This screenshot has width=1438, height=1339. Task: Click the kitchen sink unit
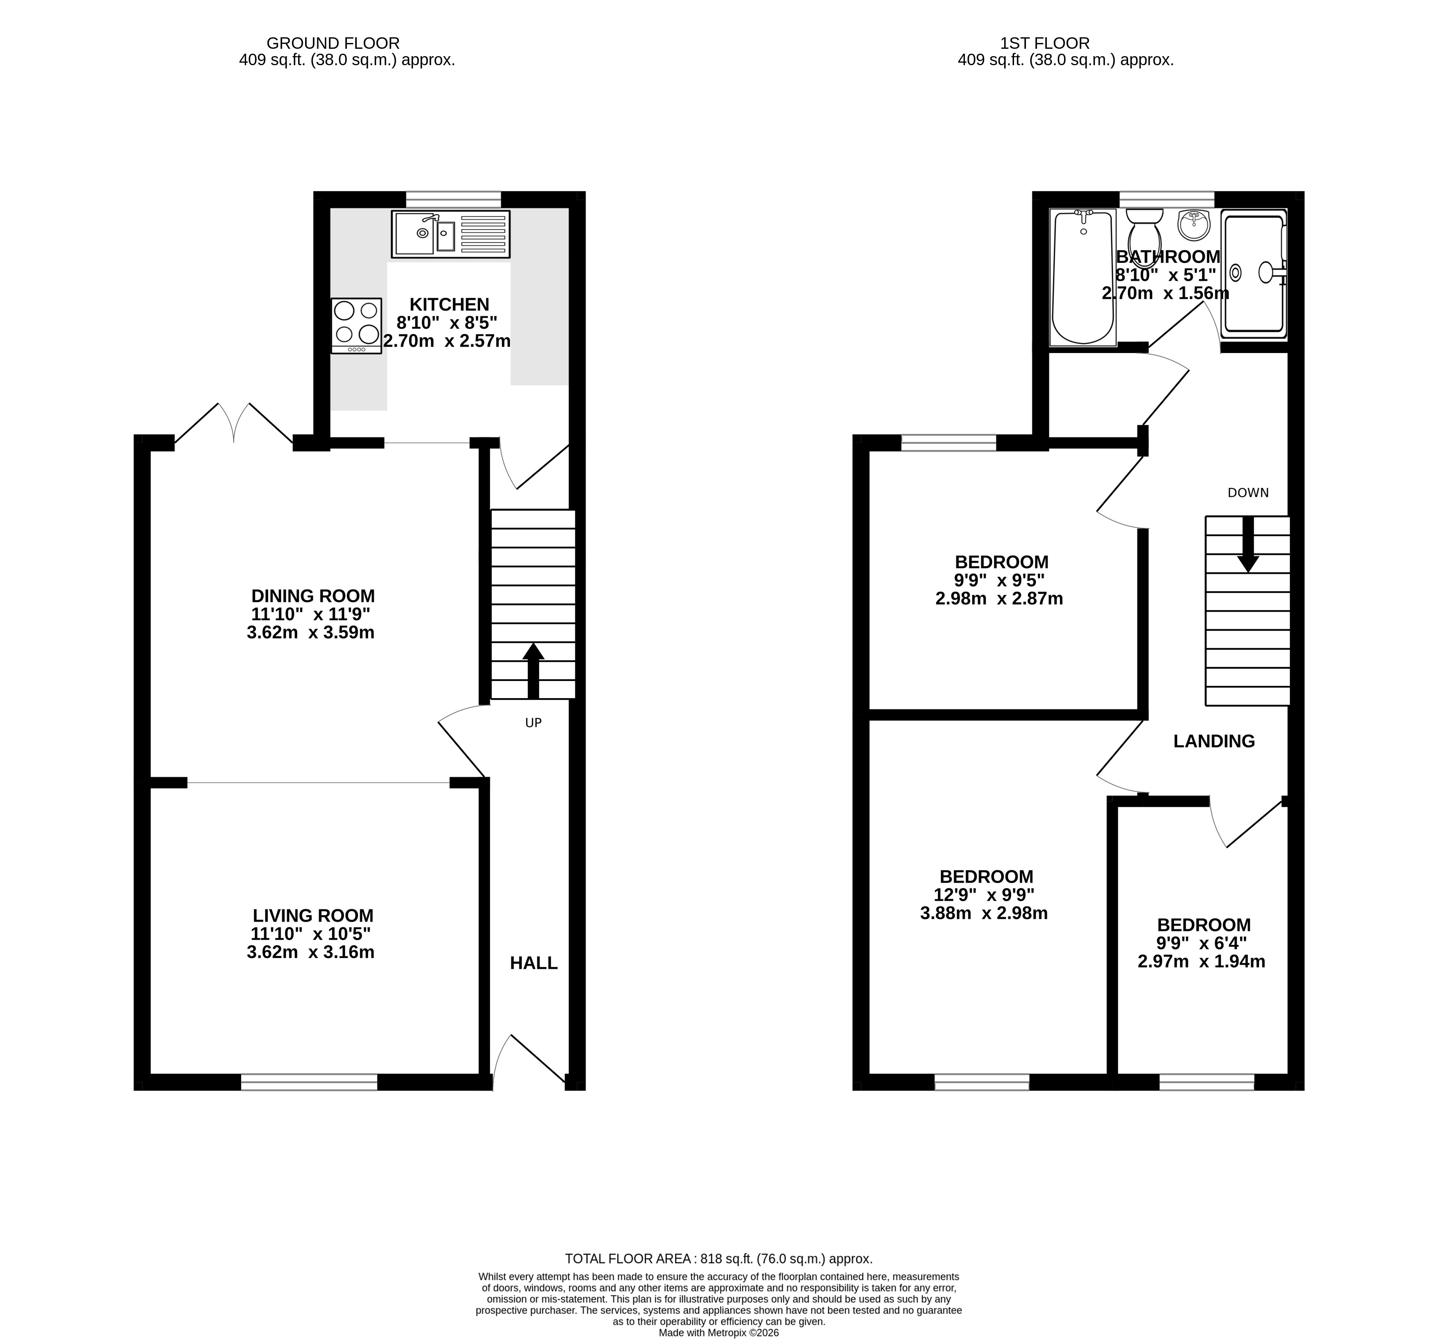pos(451,234)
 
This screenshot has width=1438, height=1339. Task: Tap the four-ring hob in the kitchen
pos(356,326)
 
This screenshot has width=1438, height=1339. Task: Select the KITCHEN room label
pos(449,305)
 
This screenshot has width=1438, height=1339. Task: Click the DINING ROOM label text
pos(313,596)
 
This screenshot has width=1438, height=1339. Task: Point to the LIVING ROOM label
pos(313,916)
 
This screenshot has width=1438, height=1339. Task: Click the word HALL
pos(534,963)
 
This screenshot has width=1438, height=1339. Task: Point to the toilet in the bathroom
pos(1144,237)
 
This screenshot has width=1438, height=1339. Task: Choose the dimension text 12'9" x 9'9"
pos(984,895)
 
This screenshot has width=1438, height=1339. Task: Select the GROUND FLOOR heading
pos(333,43)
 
